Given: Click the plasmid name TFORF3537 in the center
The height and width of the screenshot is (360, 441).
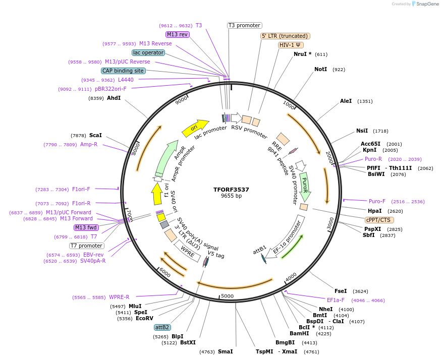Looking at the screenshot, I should pos(231,190).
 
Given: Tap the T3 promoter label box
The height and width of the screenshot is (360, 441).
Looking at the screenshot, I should pos(244,25).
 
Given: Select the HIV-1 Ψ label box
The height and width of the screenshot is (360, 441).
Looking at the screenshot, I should pos(290,45).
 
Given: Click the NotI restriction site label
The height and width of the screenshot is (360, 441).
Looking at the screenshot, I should pos(321,69).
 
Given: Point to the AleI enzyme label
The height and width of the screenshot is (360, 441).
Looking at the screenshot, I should pos(346,101).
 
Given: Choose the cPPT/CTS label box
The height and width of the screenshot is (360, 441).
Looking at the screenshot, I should pos(379,220).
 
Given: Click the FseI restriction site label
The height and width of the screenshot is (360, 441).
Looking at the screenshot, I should pos(341,291).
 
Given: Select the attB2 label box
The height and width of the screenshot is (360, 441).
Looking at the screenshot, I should pos(162,327).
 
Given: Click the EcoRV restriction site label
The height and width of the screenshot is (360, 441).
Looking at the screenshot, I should pos(144,318).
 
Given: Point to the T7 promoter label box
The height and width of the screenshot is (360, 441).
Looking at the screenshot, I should pos(86,246).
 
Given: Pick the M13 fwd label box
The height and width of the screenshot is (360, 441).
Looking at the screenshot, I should pos(86,227).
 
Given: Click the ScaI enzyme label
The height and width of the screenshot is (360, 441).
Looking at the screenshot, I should pos(95,135).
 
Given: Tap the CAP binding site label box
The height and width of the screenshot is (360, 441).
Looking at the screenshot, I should pos(123,71).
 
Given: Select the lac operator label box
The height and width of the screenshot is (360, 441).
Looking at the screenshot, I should pos(148,52).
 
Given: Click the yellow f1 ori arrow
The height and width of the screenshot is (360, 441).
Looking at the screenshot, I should pos(157,193).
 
